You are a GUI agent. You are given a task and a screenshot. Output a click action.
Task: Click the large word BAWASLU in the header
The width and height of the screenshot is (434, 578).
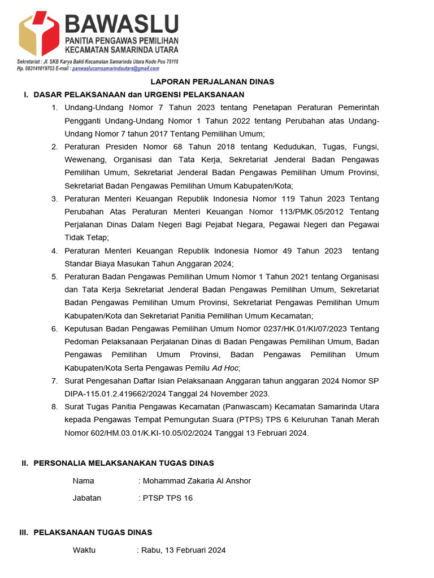(x=122, y=24)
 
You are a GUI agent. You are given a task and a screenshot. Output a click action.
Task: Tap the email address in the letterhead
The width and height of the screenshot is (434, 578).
(x=116, y=68)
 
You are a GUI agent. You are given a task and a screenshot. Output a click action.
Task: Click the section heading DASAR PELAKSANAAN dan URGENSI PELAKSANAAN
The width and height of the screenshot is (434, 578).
(x=139, y=94)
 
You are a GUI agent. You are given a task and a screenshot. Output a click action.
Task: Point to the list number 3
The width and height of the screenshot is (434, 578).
(x=54, y=199)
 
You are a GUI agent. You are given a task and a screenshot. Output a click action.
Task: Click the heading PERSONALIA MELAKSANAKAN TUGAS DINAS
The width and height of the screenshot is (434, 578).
(x=124, y=463)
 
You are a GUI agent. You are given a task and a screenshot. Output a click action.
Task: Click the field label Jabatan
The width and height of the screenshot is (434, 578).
(x=87, y=498)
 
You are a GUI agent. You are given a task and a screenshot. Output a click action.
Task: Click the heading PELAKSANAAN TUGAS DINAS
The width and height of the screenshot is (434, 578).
(x=93, y=532)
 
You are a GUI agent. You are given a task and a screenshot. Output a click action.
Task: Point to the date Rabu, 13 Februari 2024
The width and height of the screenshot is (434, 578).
(x=184, y=550)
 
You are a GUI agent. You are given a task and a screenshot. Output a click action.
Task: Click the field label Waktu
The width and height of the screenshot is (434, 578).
(x=84, y=550)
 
